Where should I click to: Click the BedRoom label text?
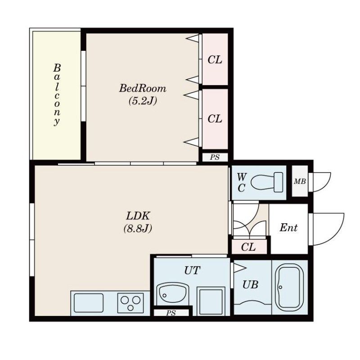(143, 88)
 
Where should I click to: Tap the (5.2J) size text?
(143, 101)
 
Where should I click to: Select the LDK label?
(138, 216)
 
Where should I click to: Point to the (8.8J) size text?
(138, 229)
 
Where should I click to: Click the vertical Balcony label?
(57, 94)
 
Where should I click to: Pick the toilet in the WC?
(267, 182)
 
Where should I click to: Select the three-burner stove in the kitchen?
(130, 303)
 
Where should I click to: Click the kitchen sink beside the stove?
(89, 303)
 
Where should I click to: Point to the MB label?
(300, 182)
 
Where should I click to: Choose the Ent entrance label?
(288, 228)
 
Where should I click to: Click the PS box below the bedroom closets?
(215, 157)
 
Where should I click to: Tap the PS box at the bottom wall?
(171, 313)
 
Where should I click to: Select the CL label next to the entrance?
(248, 247)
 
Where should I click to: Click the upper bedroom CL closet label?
(215, 60)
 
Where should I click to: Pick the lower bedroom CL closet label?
(215, 119)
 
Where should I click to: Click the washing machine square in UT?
(211, 301)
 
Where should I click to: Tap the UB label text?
(250, 285)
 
